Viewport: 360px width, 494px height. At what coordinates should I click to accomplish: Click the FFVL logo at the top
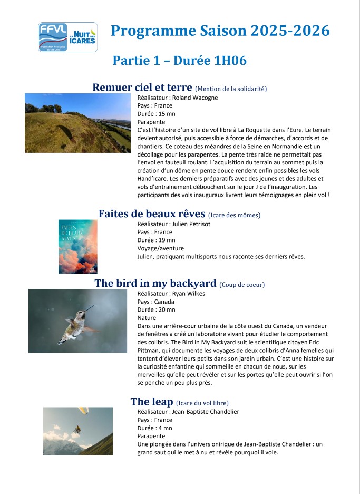pos(67,37)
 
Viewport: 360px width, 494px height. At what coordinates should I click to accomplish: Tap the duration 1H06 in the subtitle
pos(230,61)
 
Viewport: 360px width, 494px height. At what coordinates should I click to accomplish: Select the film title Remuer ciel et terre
pos(142,88)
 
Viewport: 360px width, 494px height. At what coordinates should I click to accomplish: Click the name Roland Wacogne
pos(196,98)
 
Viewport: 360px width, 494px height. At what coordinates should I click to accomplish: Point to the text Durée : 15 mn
pos(156,113)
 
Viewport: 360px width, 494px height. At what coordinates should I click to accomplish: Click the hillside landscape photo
pos(77,123)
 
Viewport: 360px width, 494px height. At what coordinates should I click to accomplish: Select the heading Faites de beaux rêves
pos(152,214)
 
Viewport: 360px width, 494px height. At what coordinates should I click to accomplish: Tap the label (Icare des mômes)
pos(234,215)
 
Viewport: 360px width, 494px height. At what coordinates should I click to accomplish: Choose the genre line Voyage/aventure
pos(161,248)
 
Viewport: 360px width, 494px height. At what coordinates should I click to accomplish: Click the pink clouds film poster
pos(77,246)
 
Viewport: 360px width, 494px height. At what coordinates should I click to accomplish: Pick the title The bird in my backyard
pos(155,283)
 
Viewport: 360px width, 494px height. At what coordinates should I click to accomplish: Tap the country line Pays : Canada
pos(155,302)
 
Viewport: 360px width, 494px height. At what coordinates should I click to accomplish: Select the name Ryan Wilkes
pos(189,294)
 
